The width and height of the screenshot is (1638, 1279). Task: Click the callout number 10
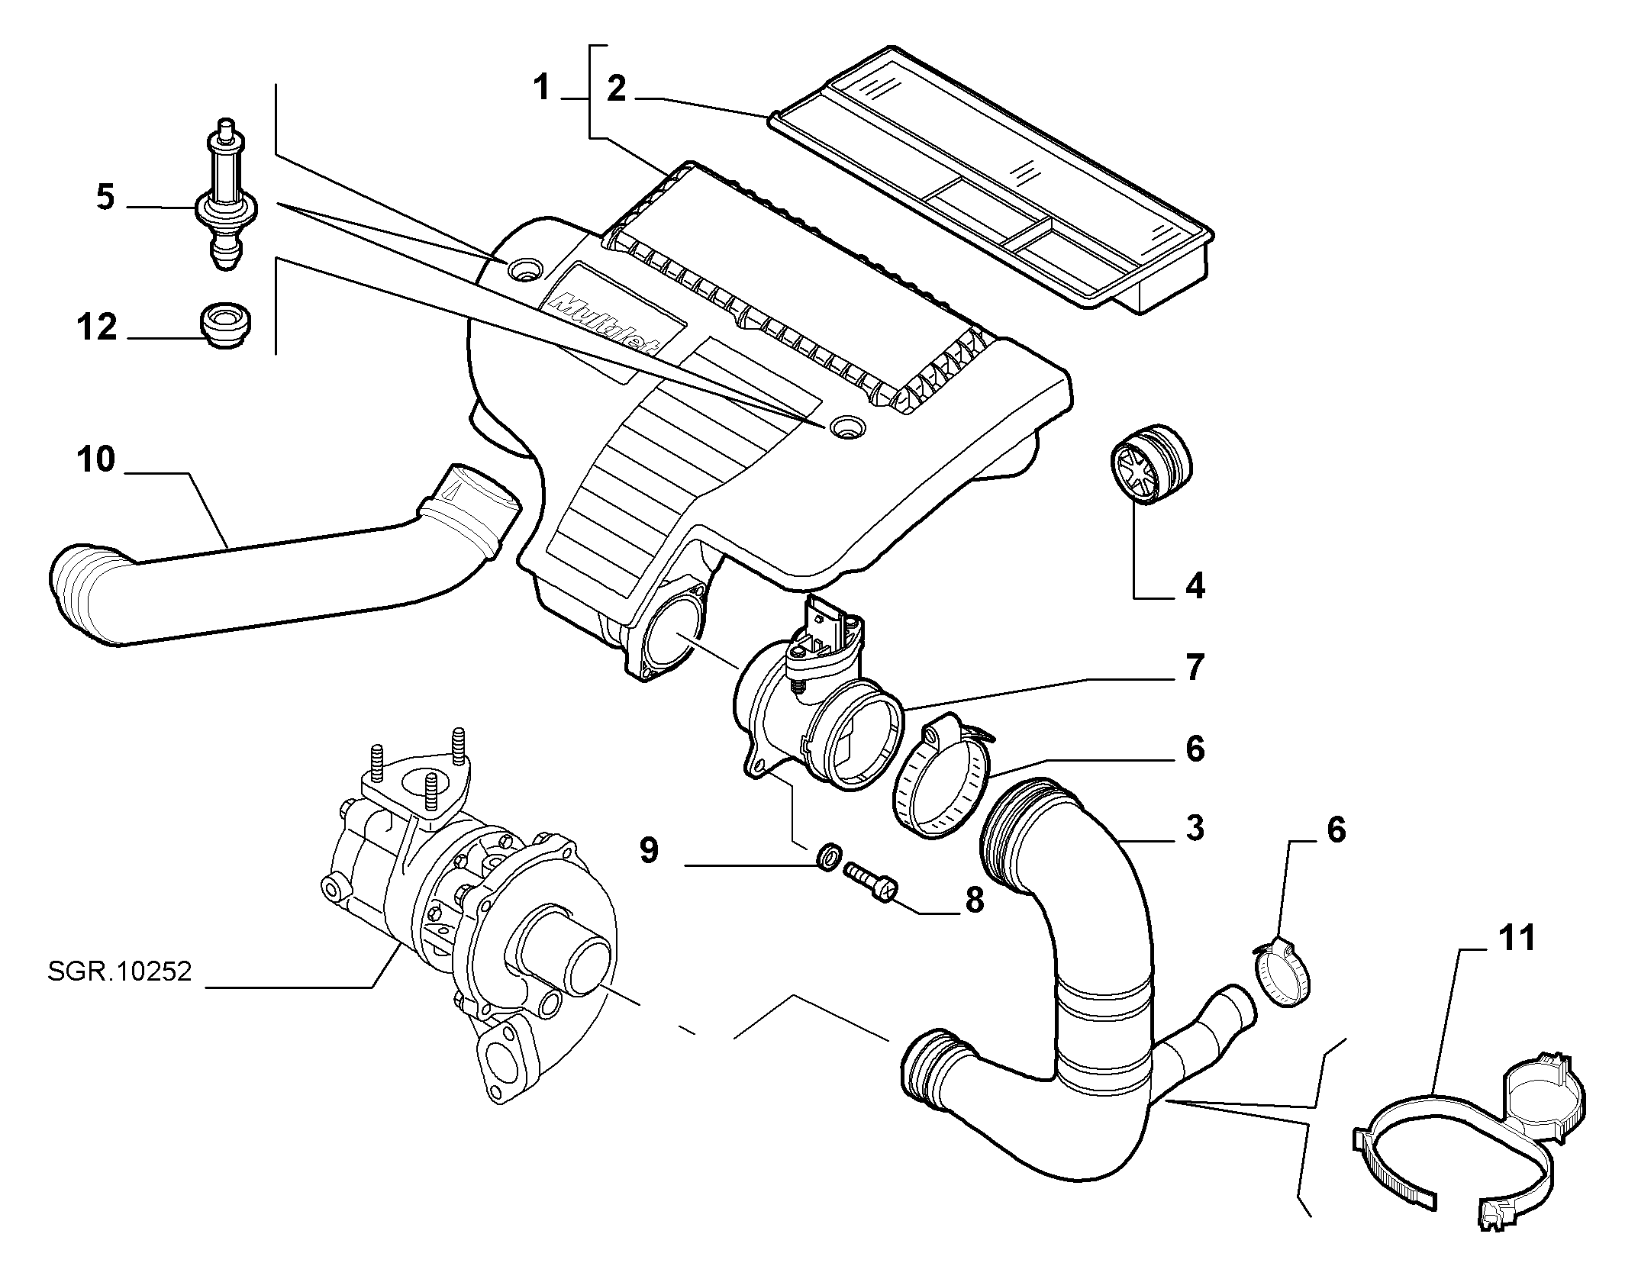point(95,460)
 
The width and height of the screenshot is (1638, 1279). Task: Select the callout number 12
point(96,327)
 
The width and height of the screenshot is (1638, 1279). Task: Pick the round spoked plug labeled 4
point(1150,463)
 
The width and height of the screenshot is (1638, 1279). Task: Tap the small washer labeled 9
point(828,857)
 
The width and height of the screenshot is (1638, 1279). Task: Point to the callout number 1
point(541,89)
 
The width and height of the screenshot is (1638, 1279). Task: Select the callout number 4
point(1195,586)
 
